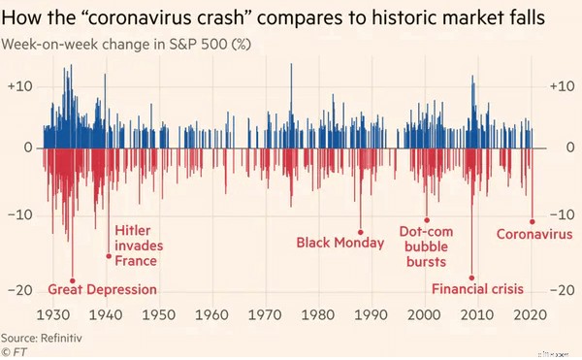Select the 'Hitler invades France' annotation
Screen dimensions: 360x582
point(135,245)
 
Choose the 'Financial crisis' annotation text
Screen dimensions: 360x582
point(477,289)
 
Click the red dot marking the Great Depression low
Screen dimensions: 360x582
point(73,279)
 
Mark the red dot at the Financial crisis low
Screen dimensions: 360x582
point(472,278)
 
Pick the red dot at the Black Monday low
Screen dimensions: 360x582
point(361,232)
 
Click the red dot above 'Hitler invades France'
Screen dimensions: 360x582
point(109,256)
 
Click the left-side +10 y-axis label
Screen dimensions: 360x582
point(20,87)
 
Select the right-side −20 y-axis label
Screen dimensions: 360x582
point(564,290)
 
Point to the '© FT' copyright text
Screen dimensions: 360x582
point(16,351)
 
